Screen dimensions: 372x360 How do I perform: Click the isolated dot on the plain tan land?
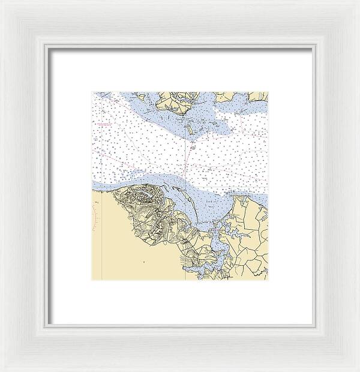click(x=144, y=262)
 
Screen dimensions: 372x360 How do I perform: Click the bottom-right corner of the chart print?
click(x=268, y=280)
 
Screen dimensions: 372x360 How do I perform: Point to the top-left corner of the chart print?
click(x=92, y=92)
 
